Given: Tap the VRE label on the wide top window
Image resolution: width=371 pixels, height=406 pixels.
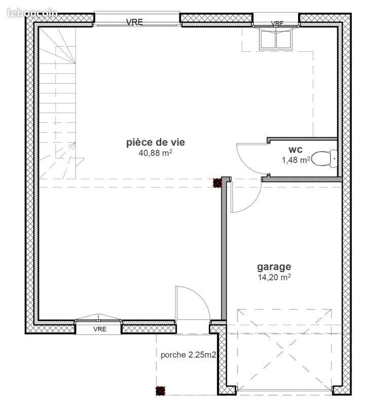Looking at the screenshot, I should [x=134, y=21].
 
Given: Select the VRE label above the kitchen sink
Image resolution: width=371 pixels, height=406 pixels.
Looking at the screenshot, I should [x=277, y=23].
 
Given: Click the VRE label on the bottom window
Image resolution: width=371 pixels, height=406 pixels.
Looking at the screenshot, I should [x=99, y=329].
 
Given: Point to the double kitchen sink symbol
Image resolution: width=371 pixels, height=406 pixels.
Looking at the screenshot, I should [x=276, y=39].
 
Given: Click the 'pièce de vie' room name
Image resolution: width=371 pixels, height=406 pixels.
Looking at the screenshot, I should [x=156, y=143].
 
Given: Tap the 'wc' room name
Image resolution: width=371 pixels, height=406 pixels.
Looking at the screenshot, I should [x=295, y=150].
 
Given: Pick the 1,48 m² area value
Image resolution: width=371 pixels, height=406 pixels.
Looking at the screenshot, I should [x=295, y=160].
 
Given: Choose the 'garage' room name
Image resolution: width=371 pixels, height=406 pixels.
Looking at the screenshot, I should [x=274, y=266].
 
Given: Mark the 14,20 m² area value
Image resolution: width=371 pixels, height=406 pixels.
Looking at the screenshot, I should [x=274, y=277].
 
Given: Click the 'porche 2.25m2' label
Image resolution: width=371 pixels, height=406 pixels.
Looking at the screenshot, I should [x=189, y=355].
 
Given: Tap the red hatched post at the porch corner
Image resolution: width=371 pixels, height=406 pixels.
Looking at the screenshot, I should [x=160, y=390].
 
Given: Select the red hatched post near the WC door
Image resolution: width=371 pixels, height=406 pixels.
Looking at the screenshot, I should [x=217, y=183].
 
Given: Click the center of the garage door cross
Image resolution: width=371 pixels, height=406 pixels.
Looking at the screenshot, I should [x=284, y=350].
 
